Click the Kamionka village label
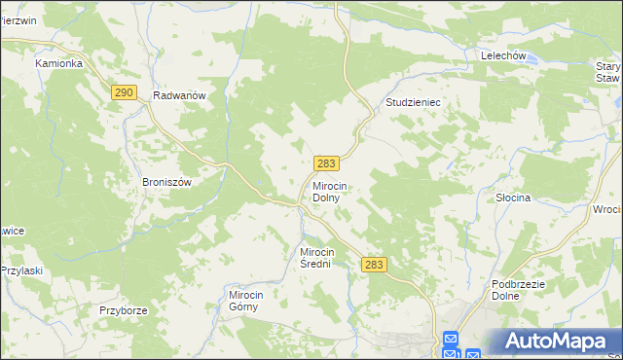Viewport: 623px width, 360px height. [x=58, y=63]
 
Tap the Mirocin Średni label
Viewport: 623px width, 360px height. [x=322, y=257]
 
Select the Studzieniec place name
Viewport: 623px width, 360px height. [x=413, y=101]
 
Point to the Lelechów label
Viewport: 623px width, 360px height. [x=503, y=56]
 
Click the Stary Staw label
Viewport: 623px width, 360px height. [x=608, y=73]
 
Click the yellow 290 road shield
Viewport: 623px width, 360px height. [x=123, y=92]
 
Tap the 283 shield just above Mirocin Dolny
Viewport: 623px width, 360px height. [x=326, y=164]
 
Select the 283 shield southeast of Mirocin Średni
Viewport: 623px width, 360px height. [x=374, y=264]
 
